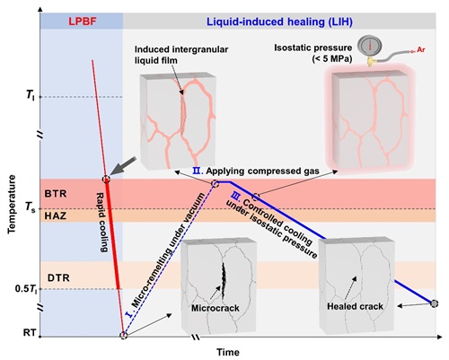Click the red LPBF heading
click(x=83, y=22)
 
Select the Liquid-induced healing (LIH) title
click(x=279, y=22)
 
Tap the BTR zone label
click(x=56, y=194)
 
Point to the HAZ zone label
click(x=56, y=215)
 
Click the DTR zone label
click(x=58, y=277)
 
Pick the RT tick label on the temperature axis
click(x=30, y=332)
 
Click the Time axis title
click(x=228, y=352)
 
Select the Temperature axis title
click(x=12, y=205)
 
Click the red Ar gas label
click(x=421, y=49)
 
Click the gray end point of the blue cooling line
click(x=435, y=303)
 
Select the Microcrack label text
click(x=216, y=308)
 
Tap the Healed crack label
click(x=355, y=306)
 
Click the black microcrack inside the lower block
click(x=224, y=279)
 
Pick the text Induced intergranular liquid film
click(x=181, y=55)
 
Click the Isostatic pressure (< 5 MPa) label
click(x=313, y=53)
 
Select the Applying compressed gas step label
click(x=262, y=171)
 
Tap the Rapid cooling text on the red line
click(x=101, y=223)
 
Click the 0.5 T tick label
click(x=27, y=289)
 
